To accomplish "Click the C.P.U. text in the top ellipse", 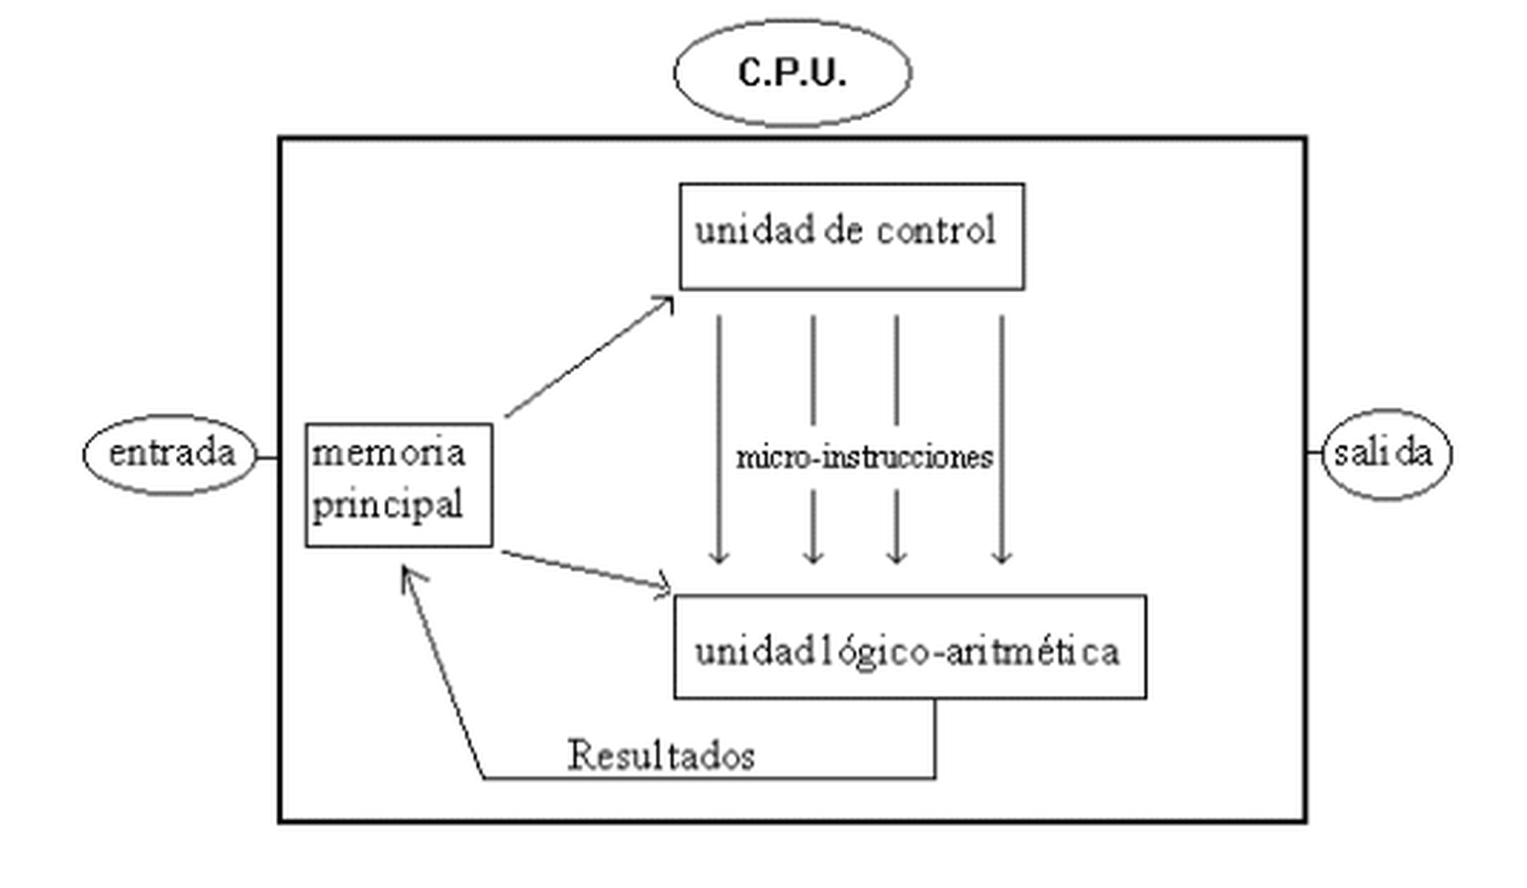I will (792, 73).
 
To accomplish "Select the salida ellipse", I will (1385, 453).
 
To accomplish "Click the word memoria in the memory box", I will (388, 453).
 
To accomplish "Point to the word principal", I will (387, 506).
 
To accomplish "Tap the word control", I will (936, 230).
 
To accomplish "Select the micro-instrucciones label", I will (864, 457).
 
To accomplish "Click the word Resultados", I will (661, 755).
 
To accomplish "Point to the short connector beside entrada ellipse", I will (268, 457).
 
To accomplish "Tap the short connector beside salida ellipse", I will (1315, 452).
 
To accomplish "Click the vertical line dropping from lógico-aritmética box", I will (935, 738).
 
